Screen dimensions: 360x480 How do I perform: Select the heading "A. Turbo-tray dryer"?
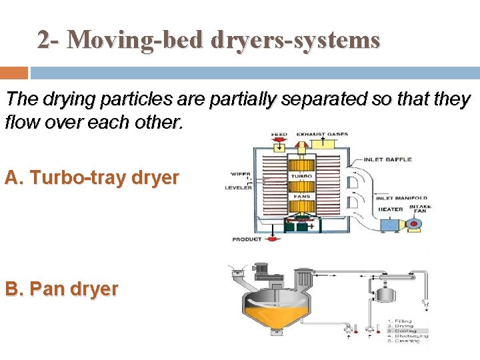click(91, 178)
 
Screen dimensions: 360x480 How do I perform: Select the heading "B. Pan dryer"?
click(61, 289)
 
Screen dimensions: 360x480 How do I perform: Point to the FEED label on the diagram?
click(279, 135)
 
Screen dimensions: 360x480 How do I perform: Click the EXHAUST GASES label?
click(322, 135)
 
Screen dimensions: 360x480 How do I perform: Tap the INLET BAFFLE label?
click(388, 160)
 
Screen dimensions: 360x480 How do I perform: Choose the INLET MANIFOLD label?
click(401, 198)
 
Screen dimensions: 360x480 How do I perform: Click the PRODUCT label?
click(247, 239)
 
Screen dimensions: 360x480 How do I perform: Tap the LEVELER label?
click(238, 188)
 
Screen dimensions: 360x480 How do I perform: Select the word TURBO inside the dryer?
click(301, 177)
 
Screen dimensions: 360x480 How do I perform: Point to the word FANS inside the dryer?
click(301, 196)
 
